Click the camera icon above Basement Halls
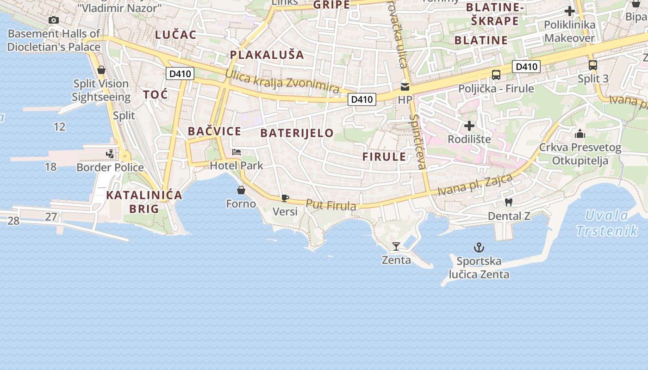pyautogui.click(x=54, y=20)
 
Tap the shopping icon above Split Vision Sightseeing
pyautogui.click(x=101, y=70)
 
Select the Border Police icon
pyautogui.click(x=110, y=154)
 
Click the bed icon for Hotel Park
pyautogui.click(x=237, y=152)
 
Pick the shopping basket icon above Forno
pyautogui.click(x=241, y=190)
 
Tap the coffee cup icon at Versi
pyautogui.click(x=285, y=198)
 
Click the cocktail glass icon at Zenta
pyautogui.click(x=396, y=247)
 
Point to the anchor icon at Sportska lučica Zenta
pyautogui.click(x=479, y=247)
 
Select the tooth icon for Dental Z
pyautogui.click(x=509, y=202)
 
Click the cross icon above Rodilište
pyautogui.click(x=469, y=126)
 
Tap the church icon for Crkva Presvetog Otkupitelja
pyautogui.click(x=579, y=134)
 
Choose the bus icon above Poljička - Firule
pyautogui.click(x=496, y=75)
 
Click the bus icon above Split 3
pyautogui.click(x=593, y=65)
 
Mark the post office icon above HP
pyautogui.click(x=405, y=86)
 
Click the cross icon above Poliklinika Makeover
pyautogui.click(x=570, y=11)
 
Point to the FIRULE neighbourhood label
pyautogui.click(x=384, y=156)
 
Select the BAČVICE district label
pyautogui.click(x=214, y=131)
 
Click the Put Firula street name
pyautogui.click(x=331, y=205)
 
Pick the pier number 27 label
pyautogui.click(x=51, y=216)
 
